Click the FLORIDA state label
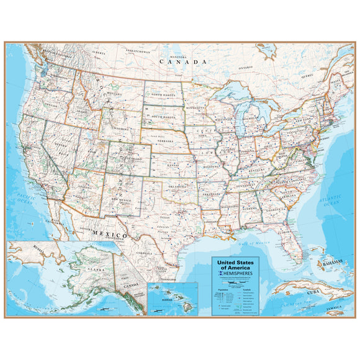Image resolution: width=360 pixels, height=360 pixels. click(x=285, y=233)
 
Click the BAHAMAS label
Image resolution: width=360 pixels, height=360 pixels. click(x=330, y=263)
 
